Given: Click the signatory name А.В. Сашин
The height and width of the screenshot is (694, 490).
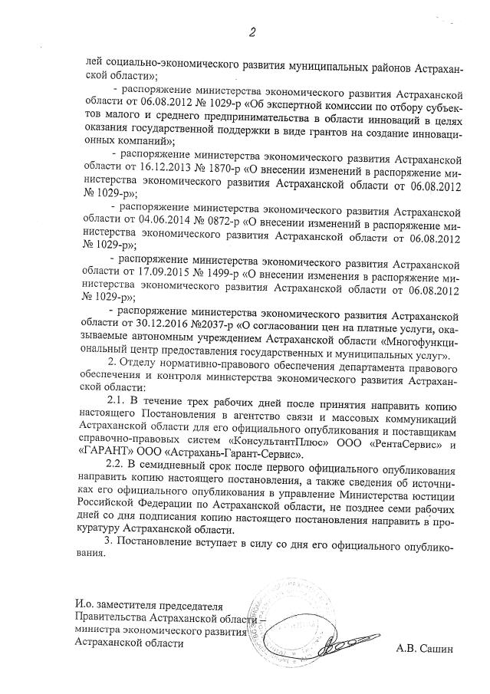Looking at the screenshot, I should [425, 648].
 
